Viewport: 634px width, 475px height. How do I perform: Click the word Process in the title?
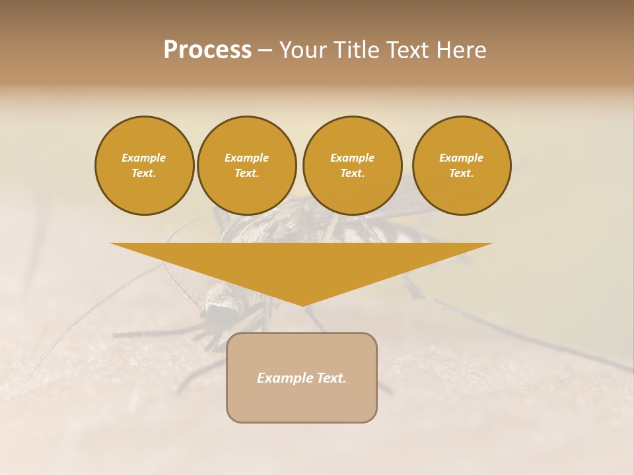click(207, 50)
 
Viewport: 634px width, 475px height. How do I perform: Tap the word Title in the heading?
click(357, 50)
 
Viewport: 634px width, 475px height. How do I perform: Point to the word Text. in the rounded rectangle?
click(330, 378)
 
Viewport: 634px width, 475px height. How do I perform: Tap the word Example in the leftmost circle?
click(144, 158)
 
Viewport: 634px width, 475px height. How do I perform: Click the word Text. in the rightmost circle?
click(462, 173)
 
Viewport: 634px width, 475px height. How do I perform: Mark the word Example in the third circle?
click(352, 158)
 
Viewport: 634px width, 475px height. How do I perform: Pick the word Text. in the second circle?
click(246, 173)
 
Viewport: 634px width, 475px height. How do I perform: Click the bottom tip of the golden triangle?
click(302, 304)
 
